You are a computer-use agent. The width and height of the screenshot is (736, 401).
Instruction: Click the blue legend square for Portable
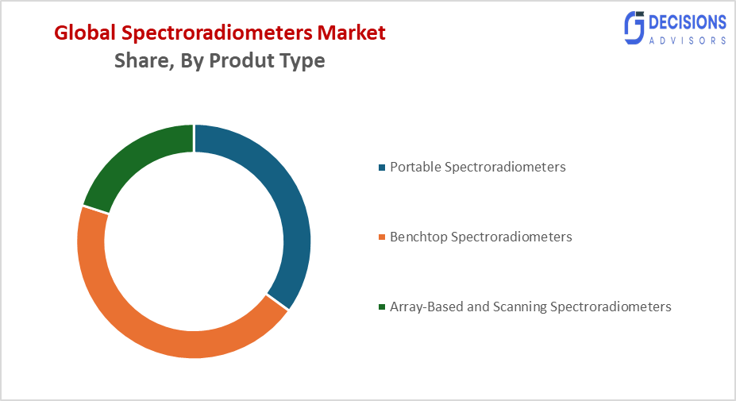point(382,168)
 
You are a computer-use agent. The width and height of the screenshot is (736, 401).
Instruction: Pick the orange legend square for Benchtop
point(382,237)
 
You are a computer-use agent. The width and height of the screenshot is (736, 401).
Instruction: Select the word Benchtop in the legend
point(418,237)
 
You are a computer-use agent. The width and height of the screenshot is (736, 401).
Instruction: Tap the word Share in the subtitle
point(140,61)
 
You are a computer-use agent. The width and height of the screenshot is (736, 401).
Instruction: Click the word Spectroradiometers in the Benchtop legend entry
point(511,237)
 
